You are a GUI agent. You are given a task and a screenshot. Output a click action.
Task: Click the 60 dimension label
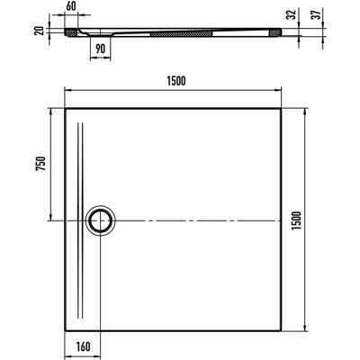[71, 6]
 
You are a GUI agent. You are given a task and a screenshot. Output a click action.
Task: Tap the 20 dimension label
[40, 31]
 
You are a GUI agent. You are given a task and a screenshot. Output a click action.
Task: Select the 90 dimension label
[101, 49]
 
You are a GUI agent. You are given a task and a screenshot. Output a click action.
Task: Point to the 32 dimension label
[291, 14]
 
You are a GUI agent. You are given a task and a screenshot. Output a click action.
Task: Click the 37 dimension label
[316, 13]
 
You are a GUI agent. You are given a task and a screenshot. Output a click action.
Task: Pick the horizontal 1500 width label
[176, 81]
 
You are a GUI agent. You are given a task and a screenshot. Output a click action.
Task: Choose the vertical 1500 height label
[296, 220]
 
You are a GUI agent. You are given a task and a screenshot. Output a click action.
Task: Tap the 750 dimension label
[41, 164]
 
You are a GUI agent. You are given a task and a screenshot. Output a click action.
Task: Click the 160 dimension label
[83, 346]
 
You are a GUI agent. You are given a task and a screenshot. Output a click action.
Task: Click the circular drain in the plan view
[100, 220]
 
